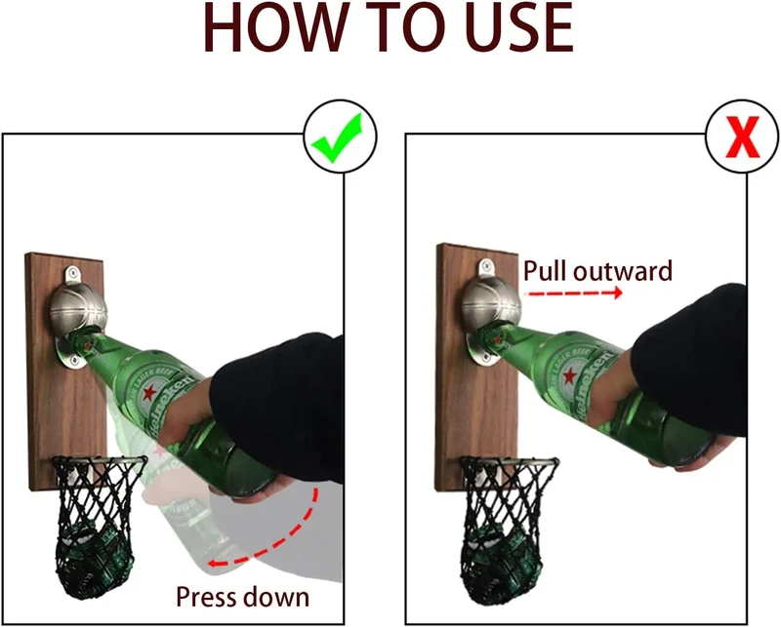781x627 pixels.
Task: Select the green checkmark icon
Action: click(x=337, y=137)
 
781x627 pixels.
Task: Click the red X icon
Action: click(x=743, y=137)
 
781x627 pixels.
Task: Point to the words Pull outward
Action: click(x=597, y=271)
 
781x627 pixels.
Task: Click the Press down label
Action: click(x=242, y=596)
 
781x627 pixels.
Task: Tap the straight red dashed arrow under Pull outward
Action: click(x=575, y=294)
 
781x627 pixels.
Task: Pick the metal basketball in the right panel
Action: click(x=491, y=303)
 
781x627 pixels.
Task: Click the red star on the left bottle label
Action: click(x=149, y=394)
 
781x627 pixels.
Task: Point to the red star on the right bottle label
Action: click(x=570, y=376)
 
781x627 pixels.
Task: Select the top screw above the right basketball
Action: click(x=484, y=265)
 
